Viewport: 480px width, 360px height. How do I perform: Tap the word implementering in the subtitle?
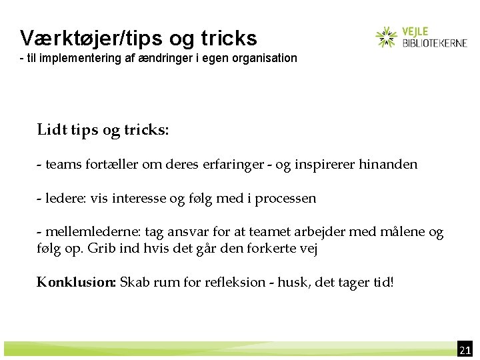point(89,58)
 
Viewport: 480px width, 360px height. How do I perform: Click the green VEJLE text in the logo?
point(415,31)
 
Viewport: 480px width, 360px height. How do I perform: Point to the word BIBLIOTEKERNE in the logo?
point(435,43)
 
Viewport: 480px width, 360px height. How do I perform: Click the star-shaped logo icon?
point(386,37)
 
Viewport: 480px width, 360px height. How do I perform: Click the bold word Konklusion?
point(77,282)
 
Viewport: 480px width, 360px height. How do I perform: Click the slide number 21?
point(465,350)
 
